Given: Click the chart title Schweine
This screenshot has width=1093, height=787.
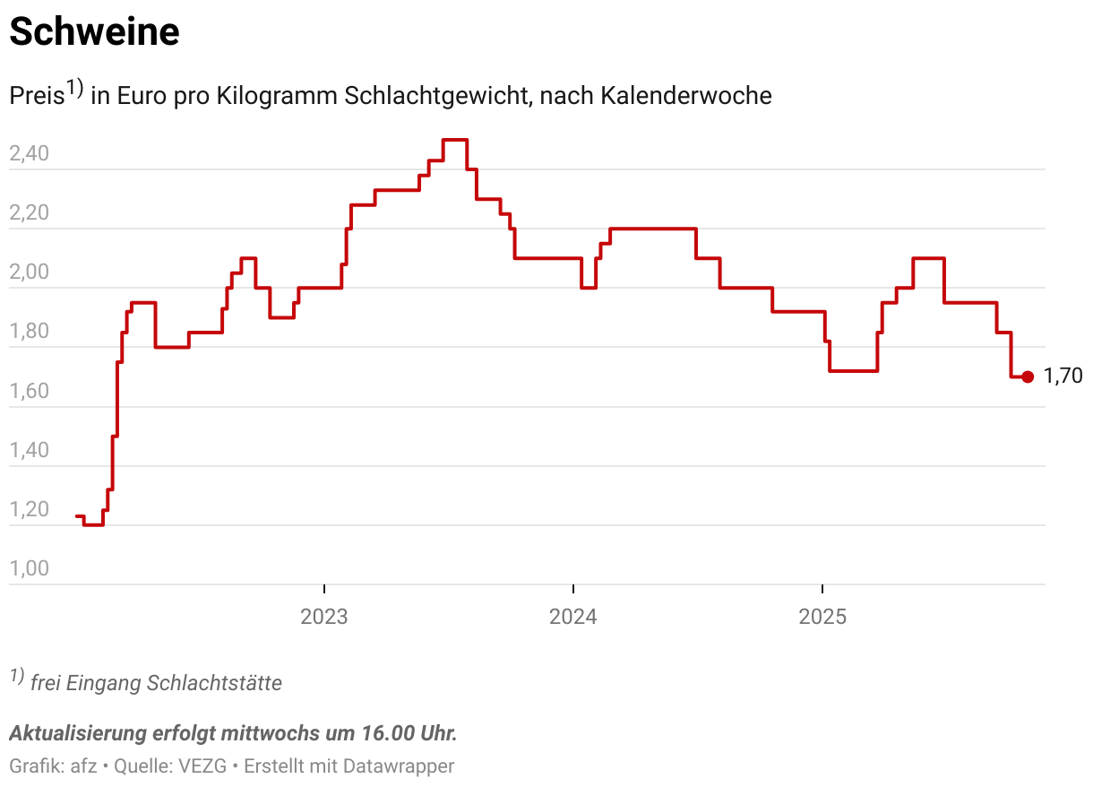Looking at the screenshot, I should coord(94,33).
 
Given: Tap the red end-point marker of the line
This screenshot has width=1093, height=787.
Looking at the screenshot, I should coord(1028,377).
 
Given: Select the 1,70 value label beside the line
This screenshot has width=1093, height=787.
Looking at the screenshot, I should coord(1063,376).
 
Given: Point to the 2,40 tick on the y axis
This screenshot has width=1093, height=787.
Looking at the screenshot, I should coord(29,154).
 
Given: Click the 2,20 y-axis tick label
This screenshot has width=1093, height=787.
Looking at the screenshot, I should coord(29,213).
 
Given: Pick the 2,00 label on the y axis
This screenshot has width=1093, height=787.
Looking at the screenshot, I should coord(29,272).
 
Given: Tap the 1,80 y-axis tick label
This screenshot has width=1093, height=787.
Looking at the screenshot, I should coord(29,332).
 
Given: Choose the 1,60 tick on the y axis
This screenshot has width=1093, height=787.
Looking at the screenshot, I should coord(29,392).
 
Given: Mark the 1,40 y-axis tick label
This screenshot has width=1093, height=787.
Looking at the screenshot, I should coord(29,451).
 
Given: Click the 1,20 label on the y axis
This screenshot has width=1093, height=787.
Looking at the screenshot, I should coord(29,510).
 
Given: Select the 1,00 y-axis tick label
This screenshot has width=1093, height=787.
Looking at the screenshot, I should coord(29,569).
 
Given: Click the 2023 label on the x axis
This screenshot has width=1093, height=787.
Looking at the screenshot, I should coord(324,617).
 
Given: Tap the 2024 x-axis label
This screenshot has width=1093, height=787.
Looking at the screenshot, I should coord(573,617).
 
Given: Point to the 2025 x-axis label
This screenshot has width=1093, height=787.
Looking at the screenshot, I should coord(822,617).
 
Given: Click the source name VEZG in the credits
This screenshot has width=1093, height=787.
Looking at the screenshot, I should coord(202,766).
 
